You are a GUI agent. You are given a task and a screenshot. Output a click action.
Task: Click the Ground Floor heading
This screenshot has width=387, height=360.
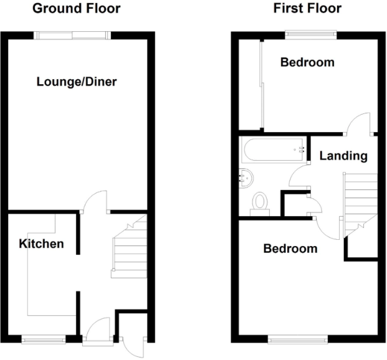point(76,9)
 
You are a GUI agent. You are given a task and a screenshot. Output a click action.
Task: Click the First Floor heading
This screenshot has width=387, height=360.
point(307,9)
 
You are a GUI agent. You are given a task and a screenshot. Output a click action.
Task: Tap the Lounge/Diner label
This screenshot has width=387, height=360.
point(77,82)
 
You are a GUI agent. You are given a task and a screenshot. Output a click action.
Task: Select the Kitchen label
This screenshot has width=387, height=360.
point(41,243)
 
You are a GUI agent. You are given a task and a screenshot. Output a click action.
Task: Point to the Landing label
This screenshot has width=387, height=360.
point(343,156)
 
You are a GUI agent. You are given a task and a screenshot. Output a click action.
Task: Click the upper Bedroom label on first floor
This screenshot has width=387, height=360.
point(307,62)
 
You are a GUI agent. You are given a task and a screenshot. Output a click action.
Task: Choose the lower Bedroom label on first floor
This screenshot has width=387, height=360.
point(290,249)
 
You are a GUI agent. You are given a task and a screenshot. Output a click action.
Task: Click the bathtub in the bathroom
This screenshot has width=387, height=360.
point(274,149)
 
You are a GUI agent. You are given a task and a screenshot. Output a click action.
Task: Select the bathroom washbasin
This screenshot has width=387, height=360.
point(247,178)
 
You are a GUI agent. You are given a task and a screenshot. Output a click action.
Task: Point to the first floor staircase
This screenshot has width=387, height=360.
point(360,199)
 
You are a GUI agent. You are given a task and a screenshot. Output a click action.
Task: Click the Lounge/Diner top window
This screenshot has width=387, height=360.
point(73,35)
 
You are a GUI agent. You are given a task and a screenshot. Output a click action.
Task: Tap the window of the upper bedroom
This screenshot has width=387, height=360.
point(310,34)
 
